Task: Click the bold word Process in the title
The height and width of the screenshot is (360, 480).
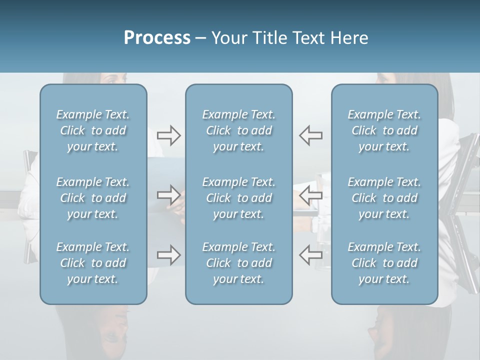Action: pos(157,38)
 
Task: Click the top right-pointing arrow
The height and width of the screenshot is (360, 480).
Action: pos(168,135)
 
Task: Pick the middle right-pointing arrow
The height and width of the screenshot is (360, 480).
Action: pos(168,194)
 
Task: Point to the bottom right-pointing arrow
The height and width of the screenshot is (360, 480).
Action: pos(168,254)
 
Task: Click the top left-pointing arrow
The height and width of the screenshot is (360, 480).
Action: pos(310,135)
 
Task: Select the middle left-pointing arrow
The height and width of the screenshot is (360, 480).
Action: pos(310,194)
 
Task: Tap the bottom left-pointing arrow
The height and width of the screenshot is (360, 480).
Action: pos(310,254)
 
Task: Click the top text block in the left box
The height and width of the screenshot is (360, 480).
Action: pos(93,130)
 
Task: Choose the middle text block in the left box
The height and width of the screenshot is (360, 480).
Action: pos(93,198)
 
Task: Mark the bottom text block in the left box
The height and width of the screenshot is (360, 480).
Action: pos(93,263)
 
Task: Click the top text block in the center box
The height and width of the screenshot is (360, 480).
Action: pos(238,130)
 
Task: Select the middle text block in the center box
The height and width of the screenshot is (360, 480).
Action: pos(238,198)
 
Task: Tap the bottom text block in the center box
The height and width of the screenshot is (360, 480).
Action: pos(238,263)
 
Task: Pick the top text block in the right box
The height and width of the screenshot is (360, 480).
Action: pos(384,130)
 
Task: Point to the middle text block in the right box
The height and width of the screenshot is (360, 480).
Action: pos(384,198)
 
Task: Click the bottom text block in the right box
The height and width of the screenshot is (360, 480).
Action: pos(384,263)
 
